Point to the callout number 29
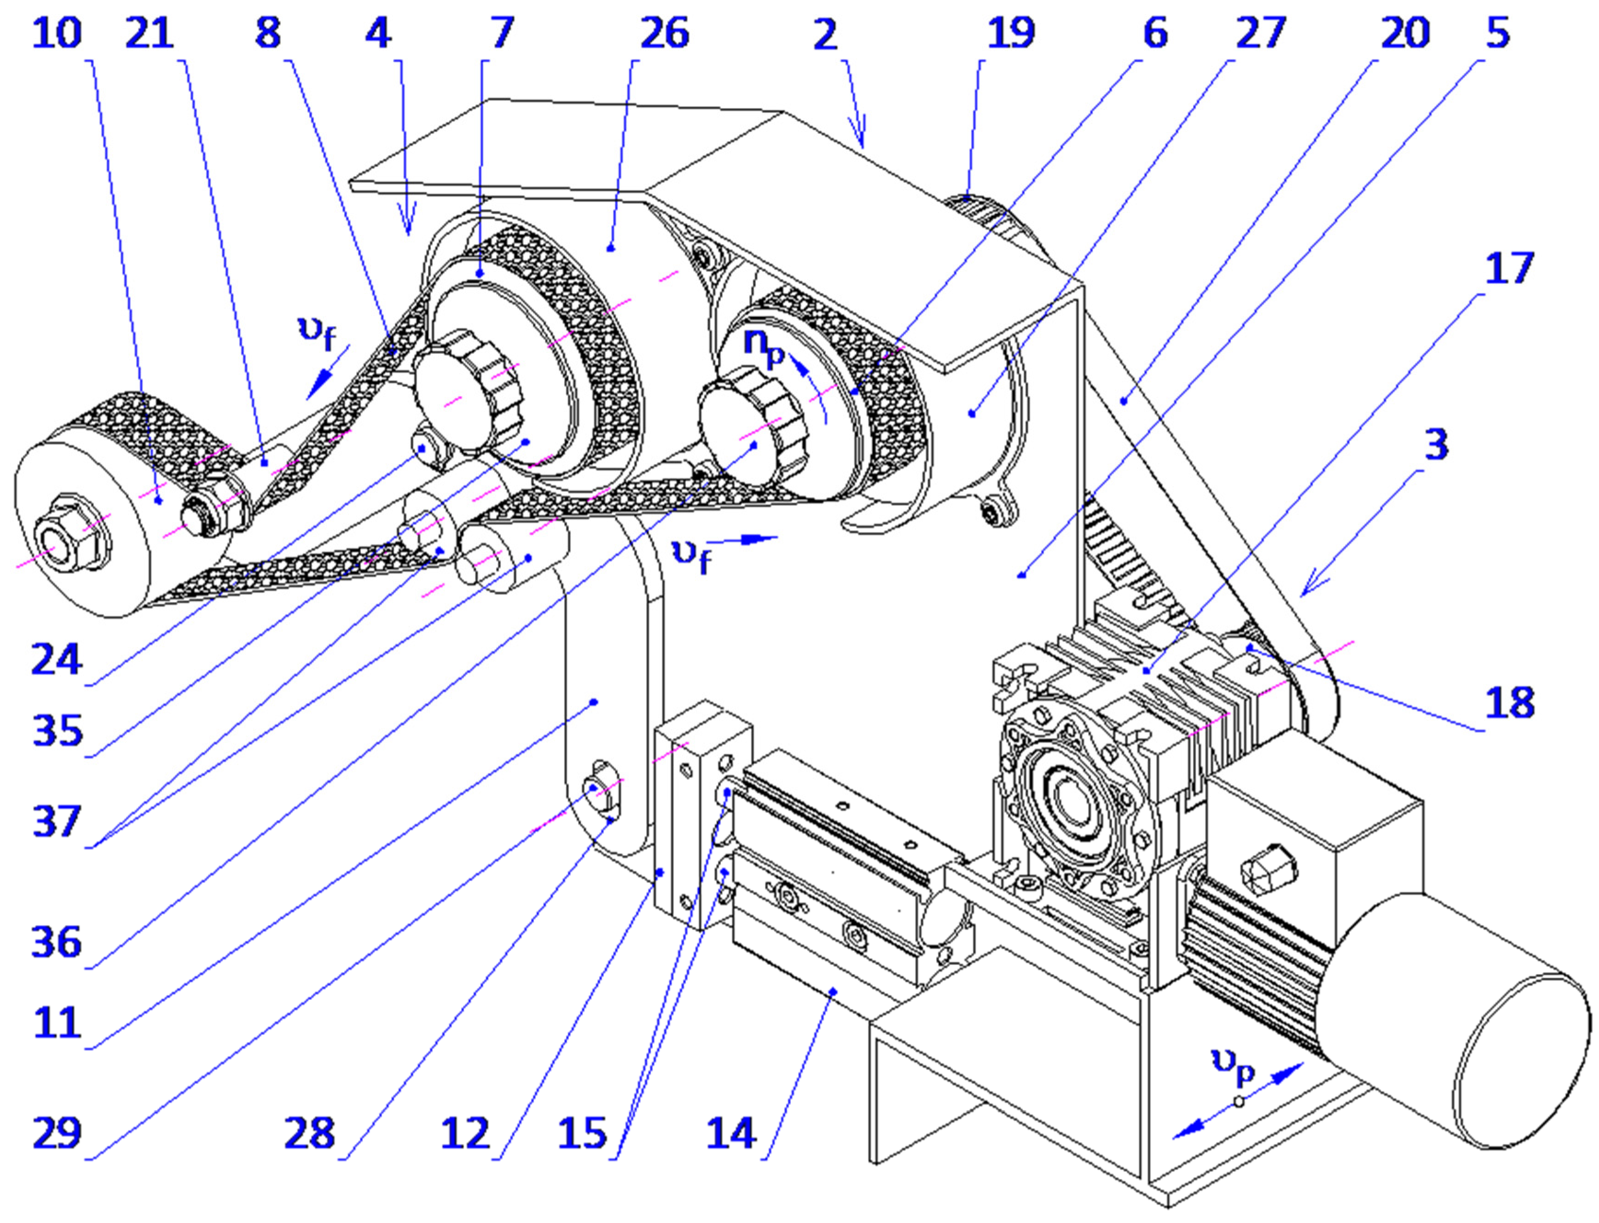57,1133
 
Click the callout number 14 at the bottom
731,1133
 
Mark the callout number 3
1436,444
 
